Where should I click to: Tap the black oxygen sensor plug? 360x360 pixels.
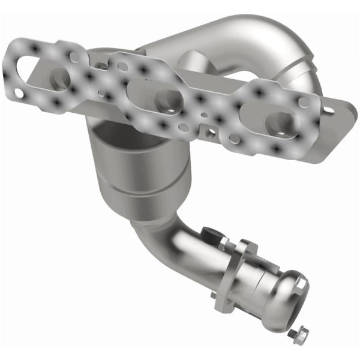tap(211, 232)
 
